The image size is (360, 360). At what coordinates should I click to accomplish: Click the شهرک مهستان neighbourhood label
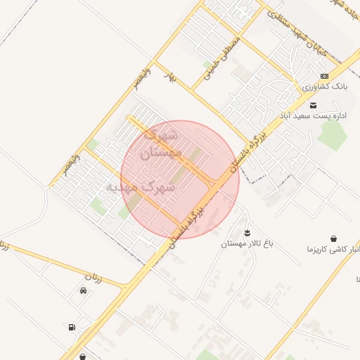pos(162,142)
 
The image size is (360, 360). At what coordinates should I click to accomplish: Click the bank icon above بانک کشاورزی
pos(324,76)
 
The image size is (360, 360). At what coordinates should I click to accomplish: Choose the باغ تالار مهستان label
pos(247,244)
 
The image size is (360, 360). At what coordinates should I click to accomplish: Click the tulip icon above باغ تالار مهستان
pos(247,232)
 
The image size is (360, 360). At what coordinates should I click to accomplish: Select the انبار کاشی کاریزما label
pos(332,250)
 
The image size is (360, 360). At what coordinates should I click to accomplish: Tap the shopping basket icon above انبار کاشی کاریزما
pos(333,238)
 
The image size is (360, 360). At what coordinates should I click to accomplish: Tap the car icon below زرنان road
pos(83,291)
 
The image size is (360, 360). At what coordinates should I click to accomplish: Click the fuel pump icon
pos(72,327)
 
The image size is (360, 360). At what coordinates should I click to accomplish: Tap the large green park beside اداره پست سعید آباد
pos(332,136)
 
